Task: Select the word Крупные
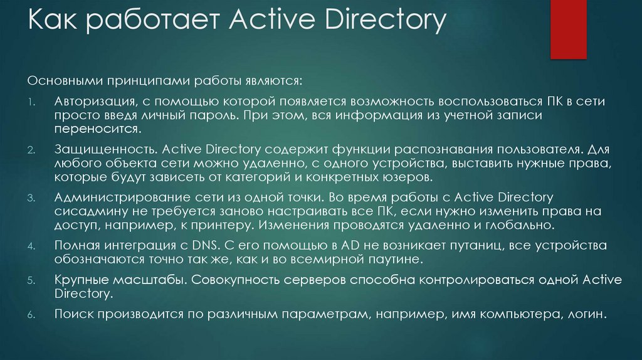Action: [x=78, y=279]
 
